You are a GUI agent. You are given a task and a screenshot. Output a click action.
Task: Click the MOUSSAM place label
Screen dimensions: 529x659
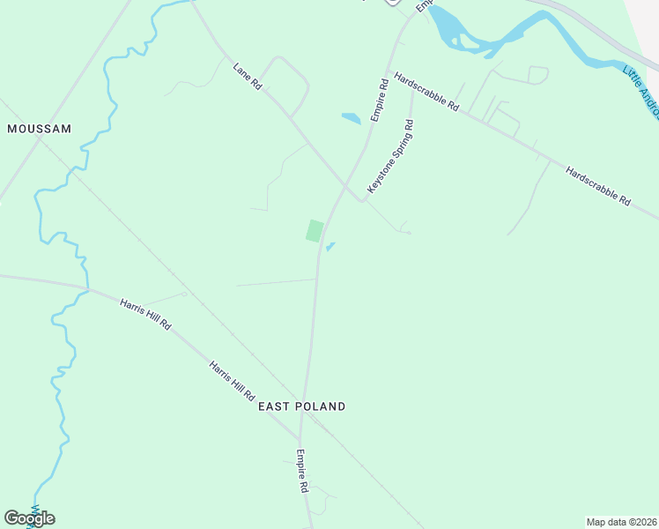point(39,129)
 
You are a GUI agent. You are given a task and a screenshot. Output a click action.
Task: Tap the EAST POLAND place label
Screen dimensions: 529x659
point(301,406)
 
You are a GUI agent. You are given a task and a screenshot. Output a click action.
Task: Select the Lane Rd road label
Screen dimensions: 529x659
point(248,76)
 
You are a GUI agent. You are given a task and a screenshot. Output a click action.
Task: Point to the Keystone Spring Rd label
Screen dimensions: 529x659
point(390,158)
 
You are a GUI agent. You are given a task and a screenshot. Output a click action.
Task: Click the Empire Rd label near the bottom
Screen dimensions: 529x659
point(301,472)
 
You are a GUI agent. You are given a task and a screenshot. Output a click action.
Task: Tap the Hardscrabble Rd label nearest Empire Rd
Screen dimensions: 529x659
point(427,91)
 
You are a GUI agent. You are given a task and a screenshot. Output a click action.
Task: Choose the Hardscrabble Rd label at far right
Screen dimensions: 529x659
point(598,187)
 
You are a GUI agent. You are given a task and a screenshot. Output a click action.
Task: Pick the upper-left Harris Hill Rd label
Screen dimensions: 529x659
point(145,314)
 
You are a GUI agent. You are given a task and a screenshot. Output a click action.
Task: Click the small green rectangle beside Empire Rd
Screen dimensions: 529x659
point(314,231)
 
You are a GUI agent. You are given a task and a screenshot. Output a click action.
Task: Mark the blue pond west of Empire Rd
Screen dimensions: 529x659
point(351,118)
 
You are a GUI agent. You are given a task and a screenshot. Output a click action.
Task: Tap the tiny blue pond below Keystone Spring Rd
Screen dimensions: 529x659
point(329,247)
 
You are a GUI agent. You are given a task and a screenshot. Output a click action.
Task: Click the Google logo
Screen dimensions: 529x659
point(29,518)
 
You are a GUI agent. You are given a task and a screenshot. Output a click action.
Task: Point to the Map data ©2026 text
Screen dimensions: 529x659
point(621,521)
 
